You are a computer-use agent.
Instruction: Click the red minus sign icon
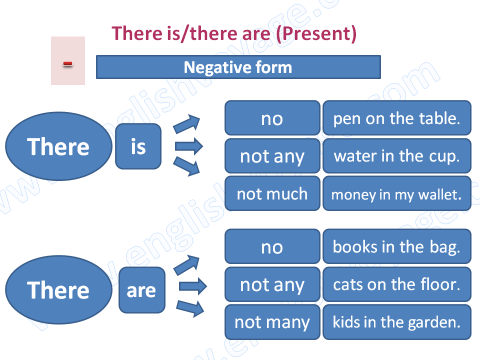tap(67, 63)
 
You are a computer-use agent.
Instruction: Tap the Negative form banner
tap(238, 67)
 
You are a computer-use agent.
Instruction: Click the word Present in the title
tap(316, 33)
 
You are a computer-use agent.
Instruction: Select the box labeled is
tap(138, 146)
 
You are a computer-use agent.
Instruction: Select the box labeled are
tap(141, 290)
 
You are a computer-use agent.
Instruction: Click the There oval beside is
tap(58, 146)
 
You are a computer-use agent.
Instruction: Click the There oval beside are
tap(58, 290)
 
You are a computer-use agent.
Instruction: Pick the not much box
tap(272, 193)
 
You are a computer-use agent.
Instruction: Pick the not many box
tap(272, 322)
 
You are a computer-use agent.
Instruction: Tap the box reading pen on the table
tap(396, 118)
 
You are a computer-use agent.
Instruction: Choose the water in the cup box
tap(396, 156)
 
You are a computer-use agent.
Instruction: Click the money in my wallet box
tap(396, 193)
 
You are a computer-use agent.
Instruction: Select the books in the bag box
tap(396, 246)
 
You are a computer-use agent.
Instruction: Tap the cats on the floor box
tap(396, 284)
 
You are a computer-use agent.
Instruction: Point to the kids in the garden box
tap(396, 322)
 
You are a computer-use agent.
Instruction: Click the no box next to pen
tap(272, 118)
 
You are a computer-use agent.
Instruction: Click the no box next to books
tap(272, 246)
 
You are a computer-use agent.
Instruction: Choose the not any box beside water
tap(272, 156)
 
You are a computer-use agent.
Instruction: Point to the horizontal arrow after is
tap(188, 146)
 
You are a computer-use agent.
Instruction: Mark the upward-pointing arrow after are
tap(186, 264)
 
